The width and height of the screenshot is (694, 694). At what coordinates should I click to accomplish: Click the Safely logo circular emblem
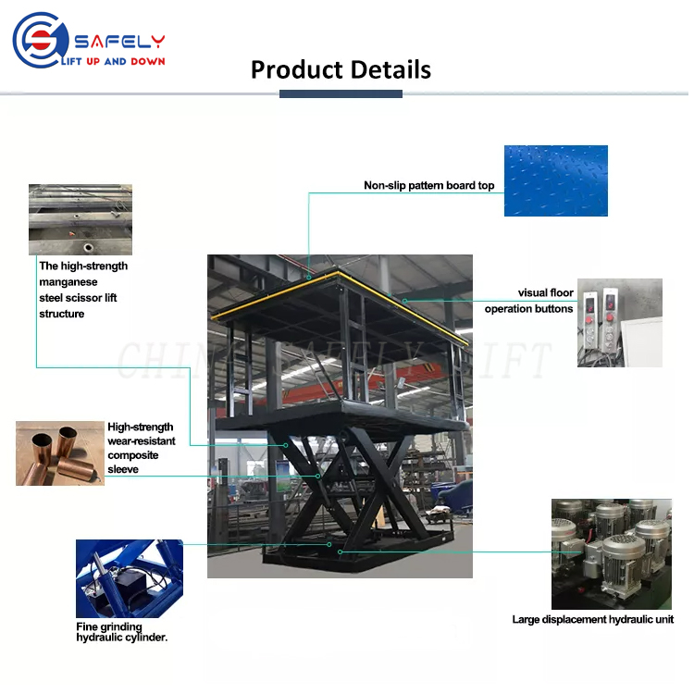click(x=37, y=40)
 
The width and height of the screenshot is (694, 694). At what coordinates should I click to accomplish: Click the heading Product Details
click(x=341, y=69)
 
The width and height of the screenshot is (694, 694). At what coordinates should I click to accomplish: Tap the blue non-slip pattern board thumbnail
click(x=555, y=180)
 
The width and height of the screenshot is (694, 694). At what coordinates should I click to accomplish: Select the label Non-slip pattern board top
click(x=428, y=185)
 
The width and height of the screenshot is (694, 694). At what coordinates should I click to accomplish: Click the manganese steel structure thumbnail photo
click(x=80, y=219)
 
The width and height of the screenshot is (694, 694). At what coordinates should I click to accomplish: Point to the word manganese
click(x=68, y=281)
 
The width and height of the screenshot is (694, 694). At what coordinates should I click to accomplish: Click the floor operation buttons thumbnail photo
click(x=619, y=322)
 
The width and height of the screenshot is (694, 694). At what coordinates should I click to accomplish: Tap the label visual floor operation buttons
click(x=529, y=301)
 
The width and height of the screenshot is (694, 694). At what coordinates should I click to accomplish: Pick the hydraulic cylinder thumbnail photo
click(x=130, y=578)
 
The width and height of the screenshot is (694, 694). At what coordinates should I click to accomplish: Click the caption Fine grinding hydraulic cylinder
click(x=120, y=632)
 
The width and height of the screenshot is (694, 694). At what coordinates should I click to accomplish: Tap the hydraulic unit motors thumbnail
click(x=612, y=553)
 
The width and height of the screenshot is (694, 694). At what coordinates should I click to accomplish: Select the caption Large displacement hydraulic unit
click(x=592, y=619)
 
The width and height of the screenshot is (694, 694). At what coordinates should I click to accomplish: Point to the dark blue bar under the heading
click(x=341, y=93)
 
